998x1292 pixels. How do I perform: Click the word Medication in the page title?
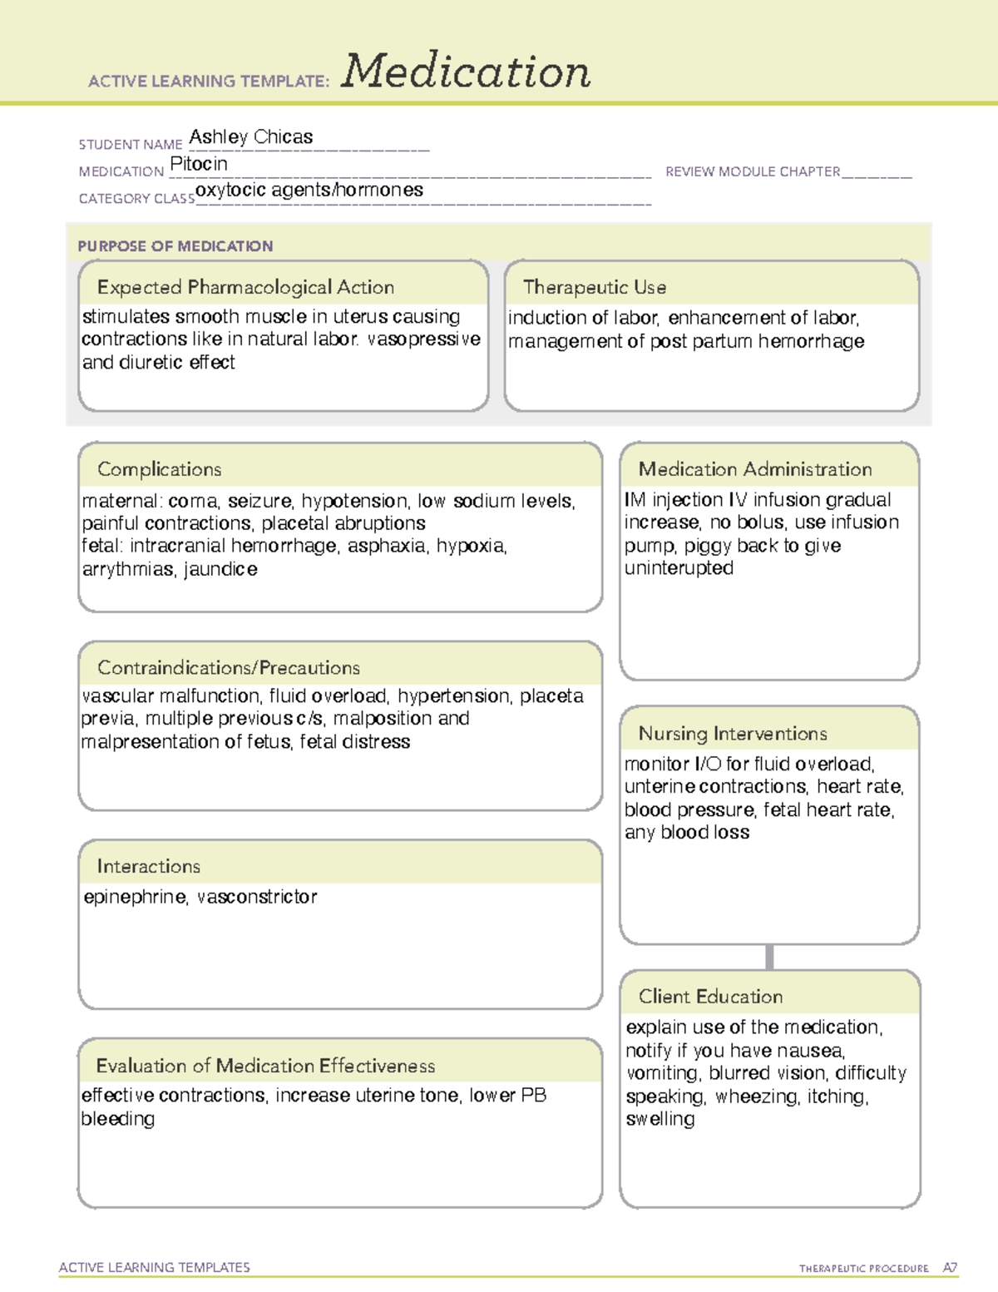[466, 72]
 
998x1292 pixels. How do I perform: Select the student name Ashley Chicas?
[251, 136]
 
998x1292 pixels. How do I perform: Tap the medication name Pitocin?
[199, 164]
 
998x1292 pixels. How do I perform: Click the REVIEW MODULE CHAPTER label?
[753, 171]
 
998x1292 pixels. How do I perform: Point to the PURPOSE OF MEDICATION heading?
[175, 246]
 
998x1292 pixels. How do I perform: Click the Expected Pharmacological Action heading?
[245, 287]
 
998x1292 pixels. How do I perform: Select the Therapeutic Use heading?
[595, 287]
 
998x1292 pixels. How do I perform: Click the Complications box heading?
[160, 469]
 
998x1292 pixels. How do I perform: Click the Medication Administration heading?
[755, 469]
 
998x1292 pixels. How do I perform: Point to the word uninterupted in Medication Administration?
[679, 568]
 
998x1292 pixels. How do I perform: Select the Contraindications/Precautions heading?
[229, 667]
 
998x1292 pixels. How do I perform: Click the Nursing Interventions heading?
[733, 733]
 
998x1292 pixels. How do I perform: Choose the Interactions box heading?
[149, 866]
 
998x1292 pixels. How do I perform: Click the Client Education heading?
[710, 997]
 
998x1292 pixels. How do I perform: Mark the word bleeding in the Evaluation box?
[118, 1119]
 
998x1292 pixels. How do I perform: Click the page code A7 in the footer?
[950, 1268]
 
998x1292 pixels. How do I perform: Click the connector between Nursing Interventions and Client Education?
[769, 957]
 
